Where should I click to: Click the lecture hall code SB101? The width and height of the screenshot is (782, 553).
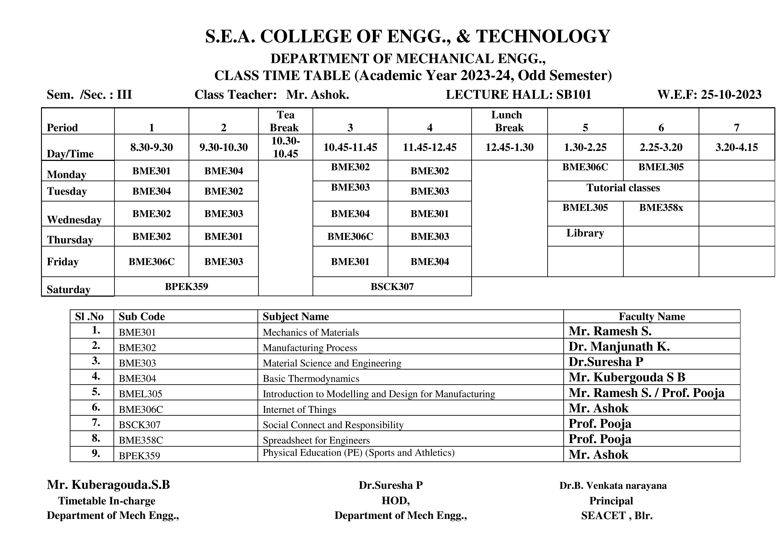tap(574, 94)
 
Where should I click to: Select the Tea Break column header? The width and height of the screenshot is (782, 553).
tap(285, 121)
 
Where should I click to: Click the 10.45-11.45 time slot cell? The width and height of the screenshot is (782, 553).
tap(350, 147)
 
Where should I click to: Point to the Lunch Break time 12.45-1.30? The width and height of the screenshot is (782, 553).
tap(509, 147)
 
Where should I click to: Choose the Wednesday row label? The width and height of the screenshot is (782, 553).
tap(74, 220)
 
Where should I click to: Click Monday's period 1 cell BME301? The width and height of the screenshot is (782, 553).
tap(152, 171)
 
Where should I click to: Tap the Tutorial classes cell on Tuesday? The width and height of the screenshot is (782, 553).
tap(623, 188)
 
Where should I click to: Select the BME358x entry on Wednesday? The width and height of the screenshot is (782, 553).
tap(661, 207)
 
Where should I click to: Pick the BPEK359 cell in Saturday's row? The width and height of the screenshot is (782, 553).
tap(186, 286)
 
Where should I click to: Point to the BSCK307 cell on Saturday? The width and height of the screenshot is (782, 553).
tap(392, 286)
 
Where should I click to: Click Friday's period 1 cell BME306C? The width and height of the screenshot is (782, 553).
tap(152, 261)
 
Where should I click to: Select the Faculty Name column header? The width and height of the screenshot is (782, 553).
tap(652, 316)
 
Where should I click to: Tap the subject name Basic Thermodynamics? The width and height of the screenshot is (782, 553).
tap(311, 379)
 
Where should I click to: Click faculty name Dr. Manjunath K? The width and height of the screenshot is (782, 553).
tap(619, 346)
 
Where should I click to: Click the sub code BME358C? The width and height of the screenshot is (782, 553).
tap(141, 440)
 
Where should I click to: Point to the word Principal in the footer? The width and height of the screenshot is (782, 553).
tap(611, 501)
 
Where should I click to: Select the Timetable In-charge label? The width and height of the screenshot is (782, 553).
tap(107, 501)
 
